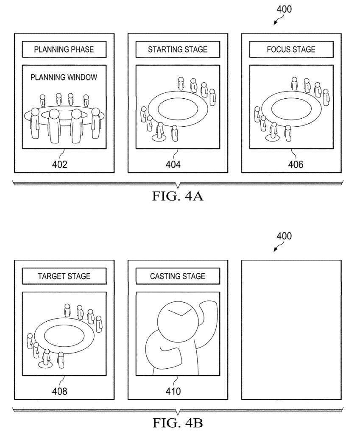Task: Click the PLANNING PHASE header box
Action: tap(64, 50)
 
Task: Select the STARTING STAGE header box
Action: tap(178, 50)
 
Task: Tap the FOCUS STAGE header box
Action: tap(291, 50)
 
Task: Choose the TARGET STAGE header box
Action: tap(64, 276)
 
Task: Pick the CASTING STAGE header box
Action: tap(178, 276)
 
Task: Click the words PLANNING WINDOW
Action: tap(64, 78)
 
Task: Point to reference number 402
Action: tap(60, 164)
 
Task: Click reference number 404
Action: tap(173, 164)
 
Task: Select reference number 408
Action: tap(60, 391)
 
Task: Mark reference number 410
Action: tap(173, 391)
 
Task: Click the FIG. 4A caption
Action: tap(178, 197)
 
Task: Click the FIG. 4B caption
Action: tap(178, 424)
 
